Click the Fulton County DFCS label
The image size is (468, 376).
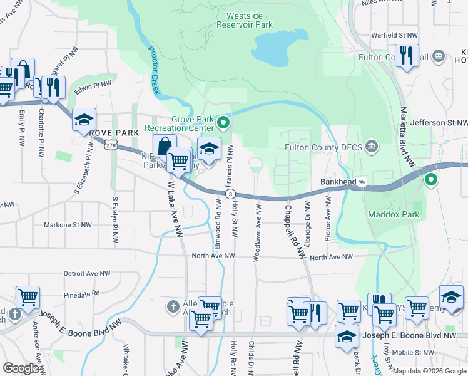coord(323,148)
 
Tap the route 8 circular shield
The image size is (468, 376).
coord(230,194)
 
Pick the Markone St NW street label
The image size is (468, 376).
coord(68,224)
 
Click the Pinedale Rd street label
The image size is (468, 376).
coord(82,293)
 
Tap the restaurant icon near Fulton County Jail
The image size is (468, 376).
coord(407,56)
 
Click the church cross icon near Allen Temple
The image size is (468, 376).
coord(173,306)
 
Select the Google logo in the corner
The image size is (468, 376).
coord(21,368)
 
